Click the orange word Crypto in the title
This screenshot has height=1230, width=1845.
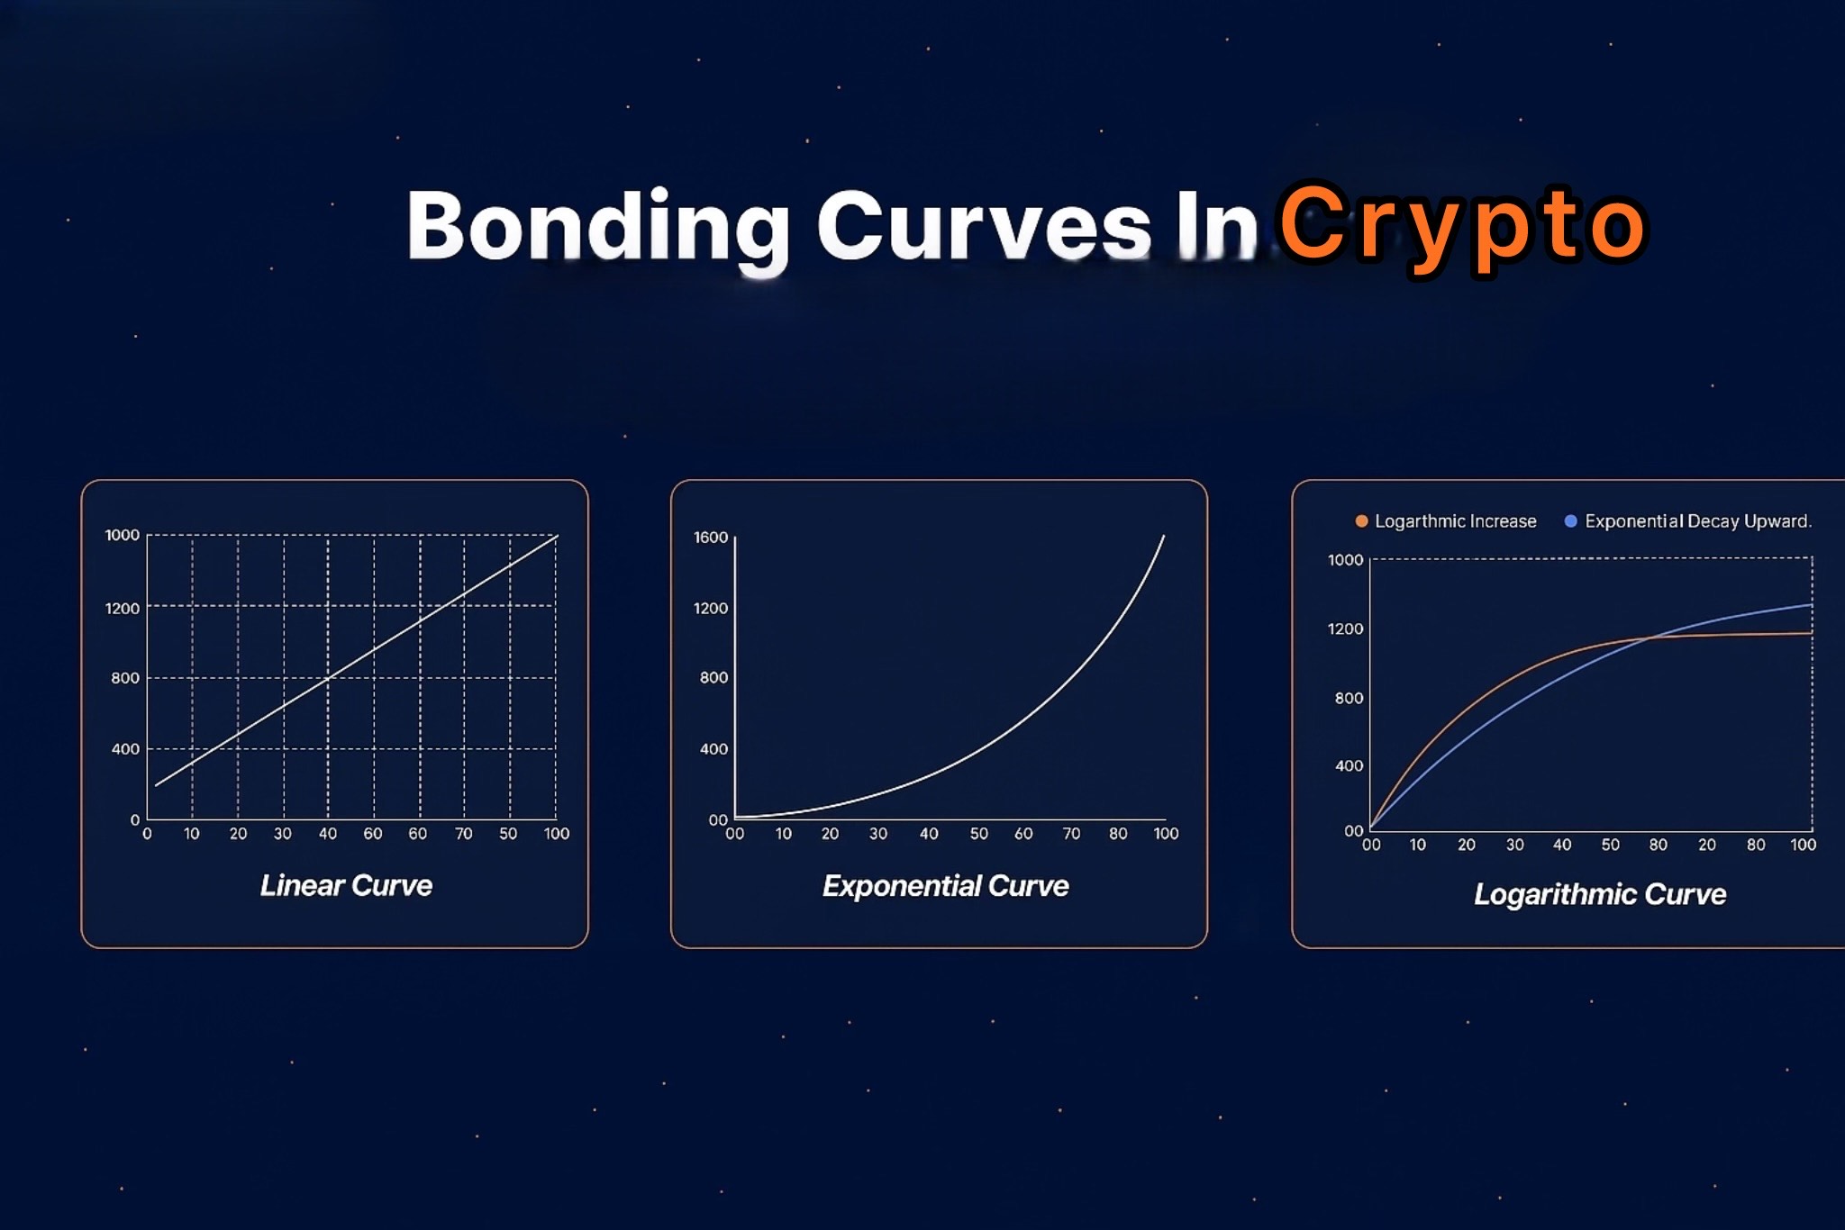[x=1462, y=225]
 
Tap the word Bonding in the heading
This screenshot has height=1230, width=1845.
[x=598, y=227]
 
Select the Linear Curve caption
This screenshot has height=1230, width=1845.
[x=346, y=885]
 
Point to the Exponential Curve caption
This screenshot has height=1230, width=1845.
[x=945, y=886]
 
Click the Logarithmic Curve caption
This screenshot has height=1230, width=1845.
[x=1599, y=894]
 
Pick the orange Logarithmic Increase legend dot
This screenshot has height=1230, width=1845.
[x=1361, y=521]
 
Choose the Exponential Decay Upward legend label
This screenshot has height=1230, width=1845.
[x=1697, y=521]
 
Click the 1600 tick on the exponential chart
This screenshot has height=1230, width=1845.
[x=710, y=538]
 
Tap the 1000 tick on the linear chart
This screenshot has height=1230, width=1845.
[x=123, y=535]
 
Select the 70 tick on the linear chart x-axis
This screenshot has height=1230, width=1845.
[x=463, y=834]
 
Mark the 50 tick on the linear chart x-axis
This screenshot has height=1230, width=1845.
[x=508, y=834]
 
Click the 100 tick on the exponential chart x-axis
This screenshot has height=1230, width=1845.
[x=1166, y=834]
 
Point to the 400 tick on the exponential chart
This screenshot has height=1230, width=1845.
[x=713, y=749]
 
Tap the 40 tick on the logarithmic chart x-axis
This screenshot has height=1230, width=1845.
[x=1562, y=845]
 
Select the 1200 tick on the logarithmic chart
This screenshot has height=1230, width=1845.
[x=1345, y=629]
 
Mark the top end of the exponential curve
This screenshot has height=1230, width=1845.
[x=1164, y=537]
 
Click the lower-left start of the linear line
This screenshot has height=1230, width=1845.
[x=157, y=785]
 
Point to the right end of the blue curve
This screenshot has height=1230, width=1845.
[x=1811, y=605]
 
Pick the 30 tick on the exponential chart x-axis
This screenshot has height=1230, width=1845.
[x=877, y=834]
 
